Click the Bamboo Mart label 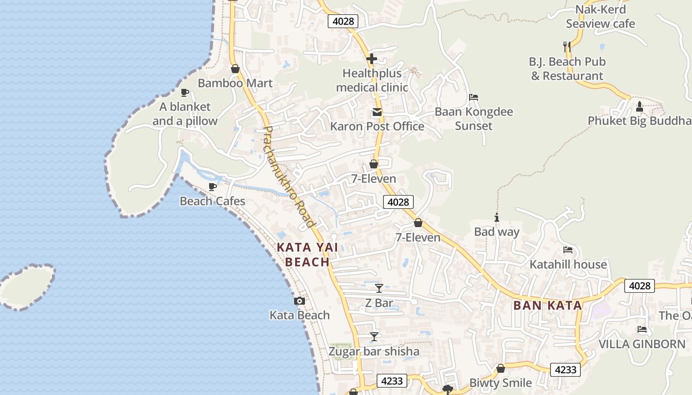(235, 83)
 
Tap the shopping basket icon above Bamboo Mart (235, 69)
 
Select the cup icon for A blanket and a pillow (185, 92)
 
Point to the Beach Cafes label (213, 201)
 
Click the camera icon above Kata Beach (299, 301)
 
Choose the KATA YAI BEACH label (307, 255)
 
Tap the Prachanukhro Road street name (289, 177)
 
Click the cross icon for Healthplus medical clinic (372, 59)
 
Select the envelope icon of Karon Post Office (377, 112)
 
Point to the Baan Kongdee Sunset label (474, 118)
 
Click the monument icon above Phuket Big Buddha (640, 106)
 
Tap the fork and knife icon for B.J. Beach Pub (567, 47)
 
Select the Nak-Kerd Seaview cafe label (601, 16)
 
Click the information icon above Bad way (497, 217)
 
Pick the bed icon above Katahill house (568, 250)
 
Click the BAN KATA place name (548, 305)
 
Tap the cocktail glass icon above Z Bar (379, 288)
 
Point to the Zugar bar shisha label (374, 352)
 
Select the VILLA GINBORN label (642, 344)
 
